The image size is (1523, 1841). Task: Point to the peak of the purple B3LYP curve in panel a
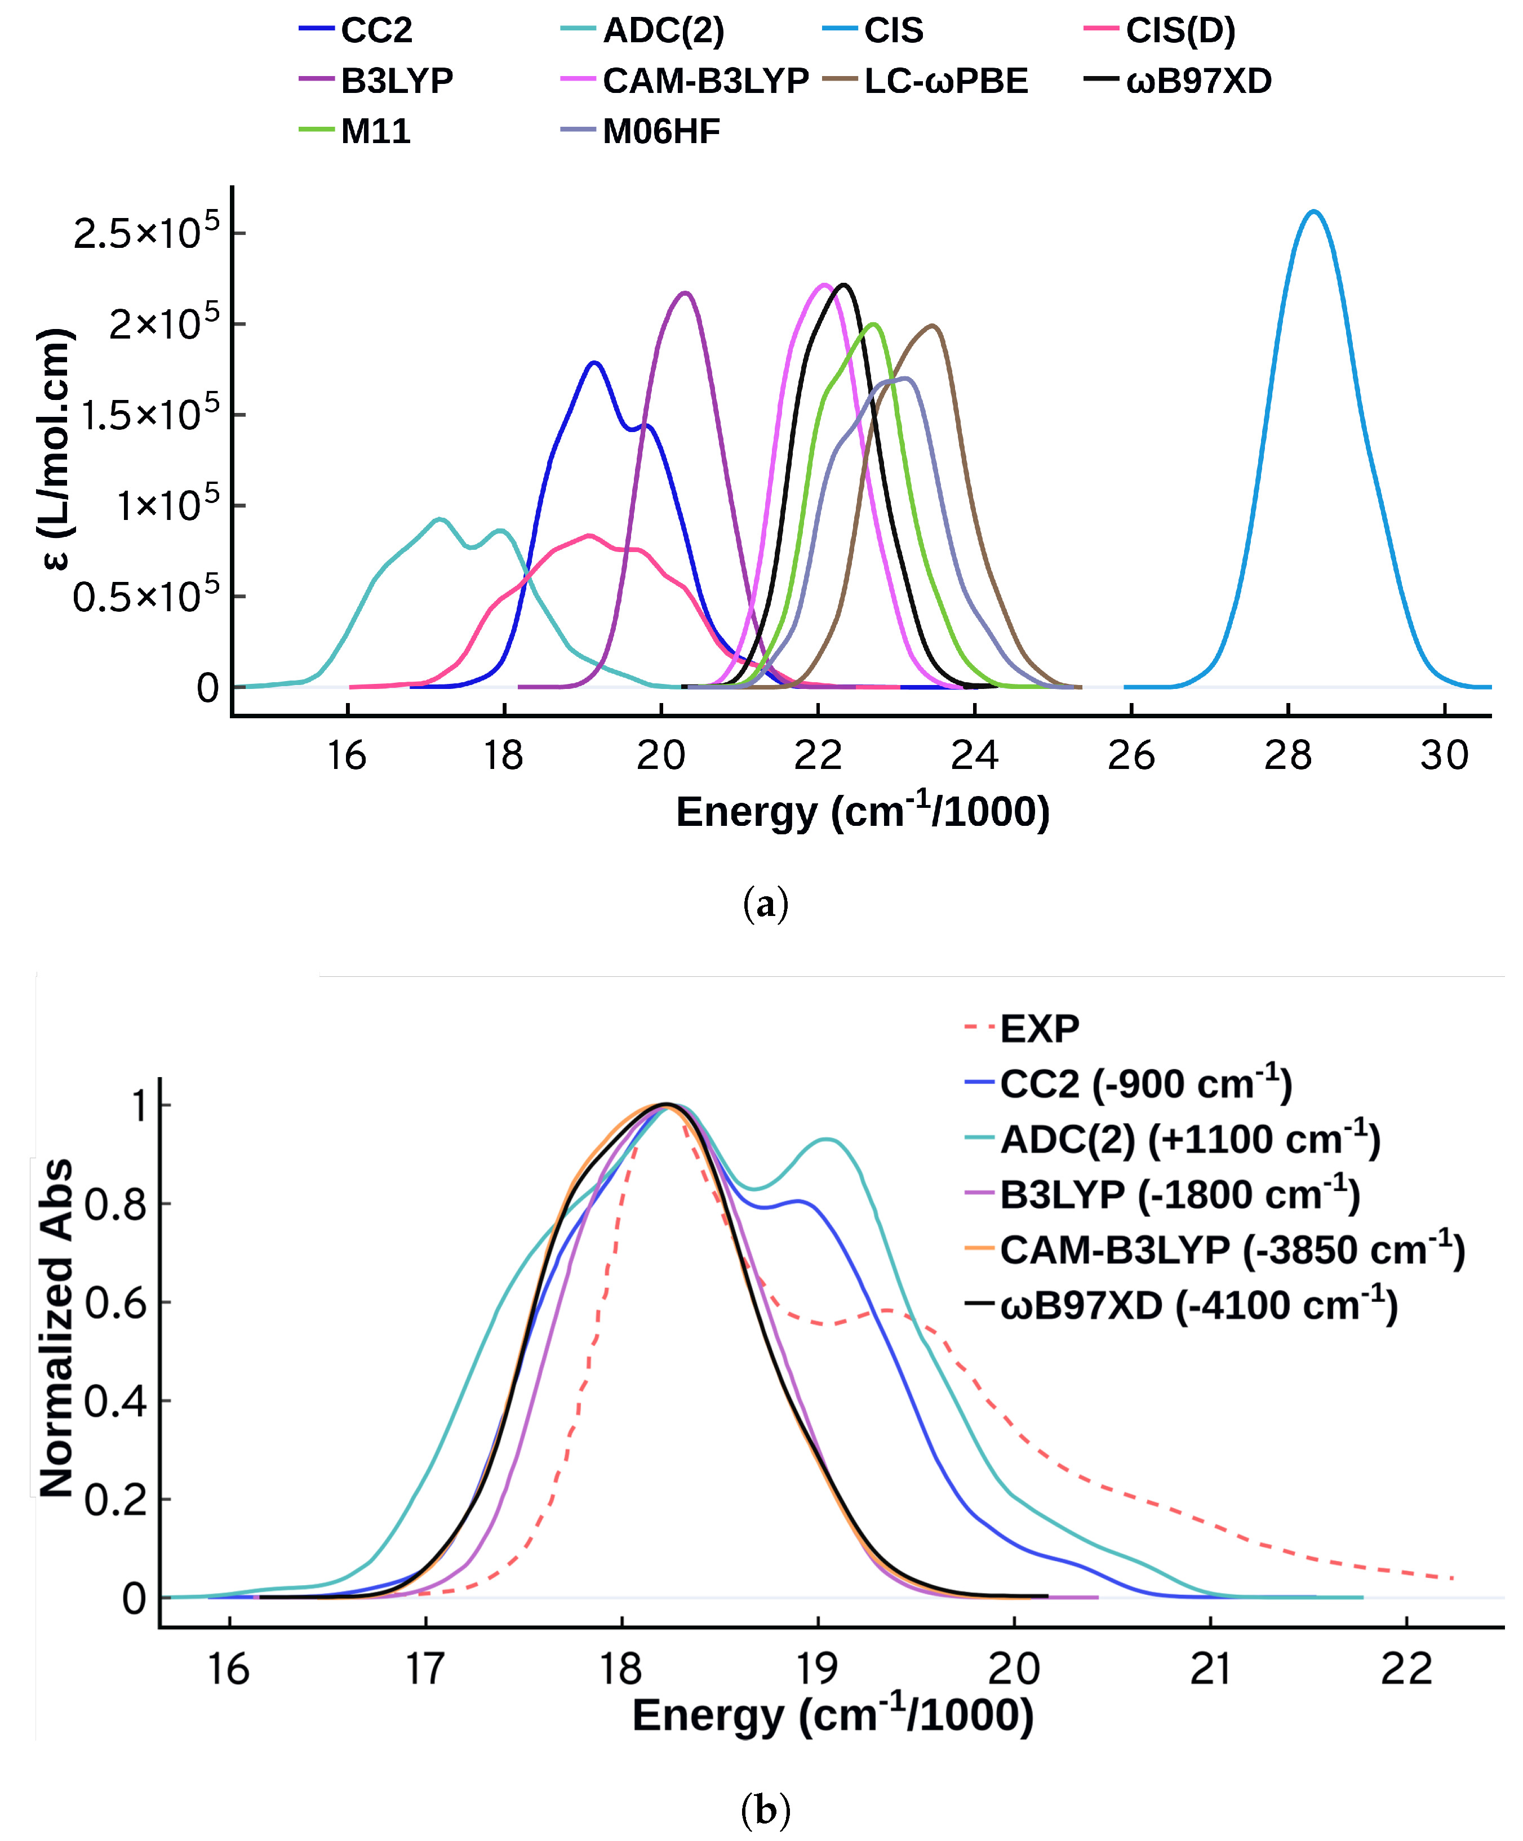(685, 293)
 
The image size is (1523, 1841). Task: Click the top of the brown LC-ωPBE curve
(933, 326)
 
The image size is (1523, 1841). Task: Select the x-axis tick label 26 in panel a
(1131, 755)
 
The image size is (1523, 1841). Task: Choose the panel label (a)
(766, 903)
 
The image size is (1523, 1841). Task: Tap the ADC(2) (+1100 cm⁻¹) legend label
(1190, 1140)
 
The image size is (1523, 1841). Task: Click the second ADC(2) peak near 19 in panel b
(827, 1140)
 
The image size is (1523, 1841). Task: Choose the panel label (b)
(766, 1809)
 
